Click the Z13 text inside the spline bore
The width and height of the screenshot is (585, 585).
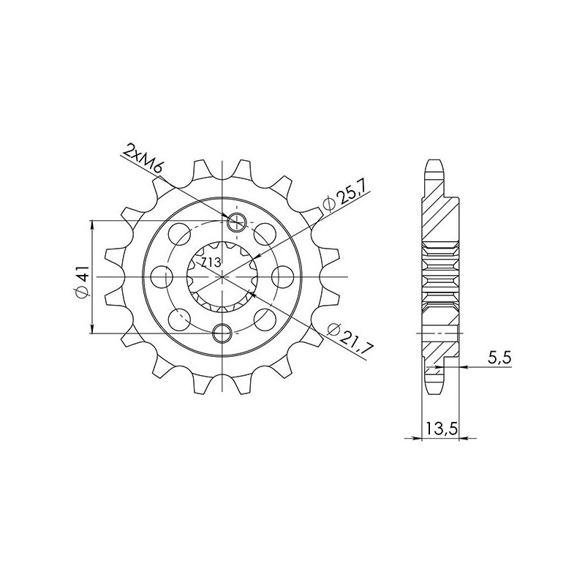(x=211, y=261)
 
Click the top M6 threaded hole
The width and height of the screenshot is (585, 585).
(x=236, y=222)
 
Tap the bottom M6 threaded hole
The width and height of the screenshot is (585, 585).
(x=222, y=333)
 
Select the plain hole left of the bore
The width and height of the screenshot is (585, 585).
(x=163, y=276)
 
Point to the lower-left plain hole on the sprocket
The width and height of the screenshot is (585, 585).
(x=178, y=319)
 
